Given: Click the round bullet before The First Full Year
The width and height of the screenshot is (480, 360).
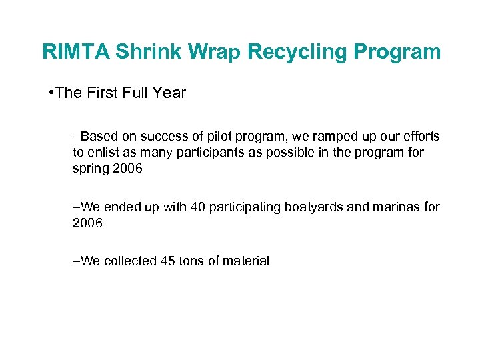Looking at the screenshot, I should click(x=51, y=93).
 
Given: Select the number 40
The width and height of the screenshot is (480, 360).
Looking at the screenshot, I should click(x=198, y=207).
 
